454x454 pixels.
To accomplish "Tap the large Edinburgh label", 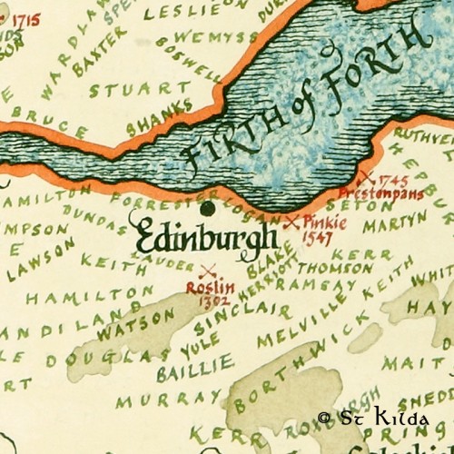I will click(x=204, y=237).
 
